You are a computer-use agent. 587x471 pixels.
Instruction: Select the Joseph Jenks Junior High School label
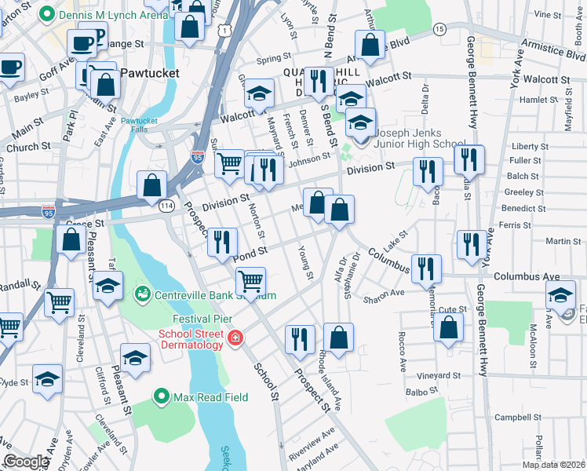click(418, 138)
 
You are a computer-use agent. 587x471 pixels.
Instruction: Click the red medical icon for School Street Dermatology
click(235, 338)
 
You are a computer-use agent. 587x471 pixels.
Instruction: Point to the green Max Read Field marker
click(162, 396)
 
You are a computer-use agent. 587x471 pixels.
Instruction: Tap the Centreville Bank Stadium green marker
click(143, 294)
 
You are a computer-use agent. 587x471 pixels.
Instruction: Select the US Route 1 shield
click(225, 31)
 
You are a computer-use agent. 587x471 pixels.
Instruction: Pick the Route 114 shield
click(166, 205)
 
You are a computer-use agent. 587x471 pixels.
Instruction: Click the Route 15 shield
click(439, 28)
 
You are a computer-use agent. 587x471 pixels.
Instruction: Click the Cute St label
click(452, 310)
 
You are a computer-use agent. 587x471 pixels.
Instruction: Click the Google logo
click(26, 462)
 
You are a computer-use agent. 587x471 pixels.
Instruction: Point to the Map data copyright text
click(552, 465)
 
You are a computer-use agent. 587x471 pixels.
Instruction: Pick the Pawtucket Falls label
click(139, 125)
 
